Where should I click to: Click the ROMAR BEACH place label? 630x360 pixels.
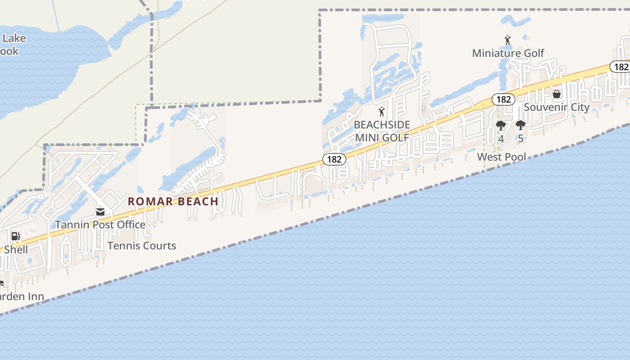coord(173,201)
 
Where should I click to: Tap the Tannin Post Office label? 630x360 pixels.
coord(100,224)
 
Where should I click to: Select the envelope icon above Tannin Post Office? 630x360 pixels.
coord(100,211)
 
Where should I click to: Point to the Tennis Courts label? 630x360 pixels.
coord(142,246)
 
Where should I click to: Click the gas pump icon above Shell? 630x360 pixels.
coord(15,236)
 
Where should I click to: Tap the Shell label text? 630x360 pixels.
coord(16,250)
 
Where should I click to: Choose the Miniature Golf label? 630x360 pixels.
coord(508,53)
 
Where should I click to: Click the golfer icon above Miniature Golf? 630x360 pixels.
coord(508,40)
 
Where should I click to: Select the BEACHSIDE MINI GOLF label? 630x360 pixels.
coord(382,131)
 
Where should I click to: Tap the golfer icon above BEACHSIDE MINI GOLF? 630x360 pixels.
coord(382,112)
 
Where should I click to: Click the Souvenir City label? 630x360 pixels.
coord(557,107)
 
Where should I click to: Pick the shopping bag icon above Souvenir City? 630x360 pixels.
coord(557,94)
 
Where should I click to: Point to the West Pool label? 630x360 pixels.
coord(501,157)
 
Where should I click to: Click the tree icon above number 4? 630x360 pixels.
coord(500,126)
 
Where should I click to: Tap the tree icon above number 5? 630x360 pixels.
coord(521,125)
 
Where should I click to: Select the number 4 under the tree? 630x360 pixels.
coord(501,139)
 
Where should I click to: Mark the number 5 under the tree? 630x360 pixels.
coord(521,139)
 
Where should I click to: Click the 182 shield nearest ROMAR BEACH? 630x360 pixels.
coord(334,159)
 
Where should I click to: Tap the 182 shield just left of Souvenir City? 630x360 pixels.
coord(503,99)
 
